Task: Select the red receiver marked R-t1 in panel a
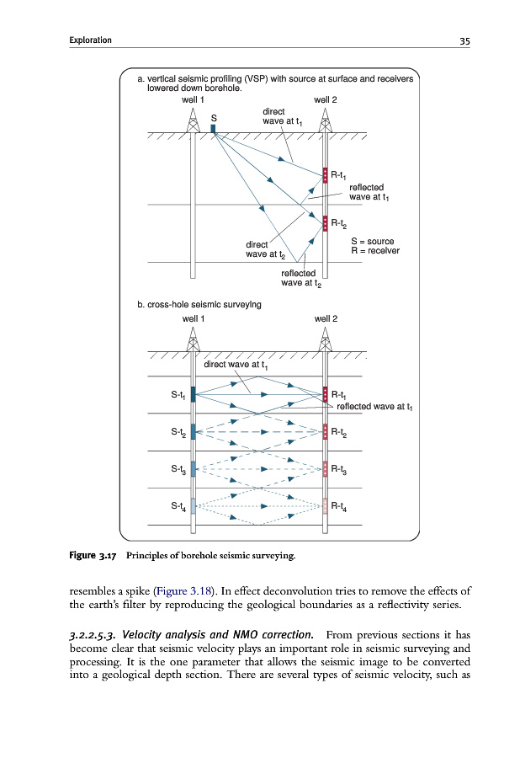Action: click(x=325, y=175)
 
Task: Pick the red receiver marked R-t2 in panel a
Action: click(x=325, y=222)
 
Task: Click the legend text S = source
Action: click(x=372, y=242)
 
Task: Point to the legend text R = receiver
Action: click(x=374, y=251)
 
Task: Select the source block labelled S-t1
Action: click(x=194, y=394)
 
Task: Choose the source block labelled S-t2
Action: click(x=194, y=431)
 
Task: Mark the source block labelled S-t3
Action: click(x=194, y=468)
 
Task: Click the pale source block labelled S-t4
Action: click(x=194, y=505)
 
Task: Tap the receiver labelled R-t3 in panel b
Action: click(x=326, y=468)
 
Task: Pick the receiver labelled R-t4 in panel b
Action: click(x=326, y=505)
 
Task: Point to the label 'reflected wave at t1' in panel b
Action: click(x=374, y=407)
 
